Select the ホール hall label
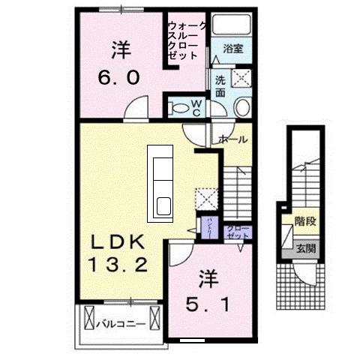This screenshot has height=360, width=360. [x=233, y=139]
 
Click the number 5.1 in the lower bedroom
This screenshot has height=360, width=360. [x=204, y=304]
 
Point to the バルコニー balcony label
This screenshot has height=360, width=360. [x=120, y=324]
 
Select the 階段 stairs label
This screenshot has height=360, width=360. [x=304, y=222]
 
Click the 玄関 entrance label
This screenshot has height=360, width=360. [x=304, y=247]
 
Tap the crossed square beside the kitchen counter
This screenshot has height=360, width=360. [x=205, y=198]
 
